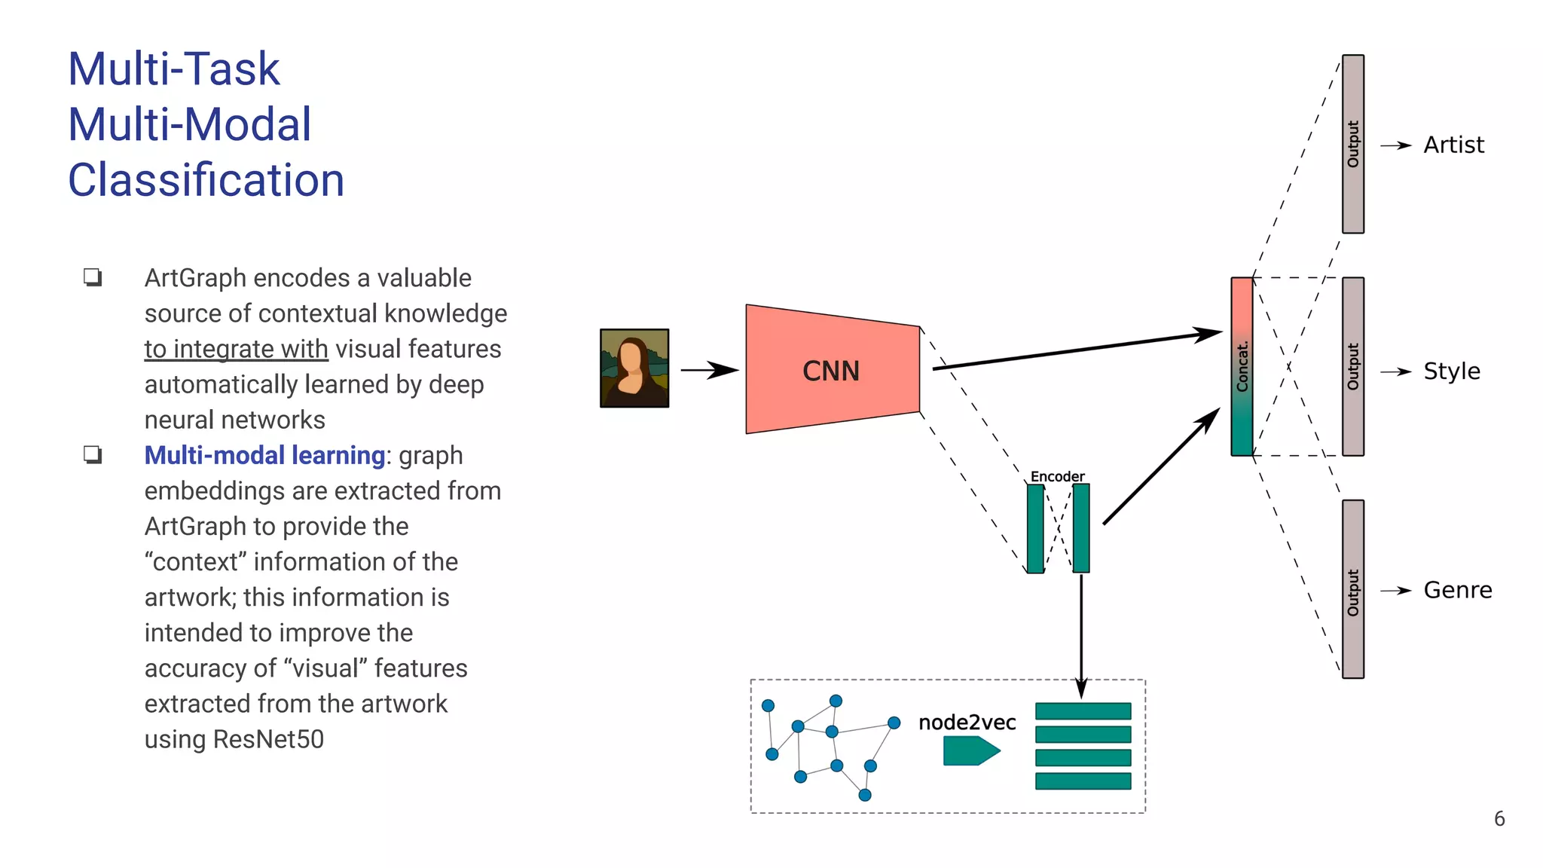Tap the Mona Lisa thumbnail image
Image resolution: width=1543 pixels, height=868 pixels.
[634, 368]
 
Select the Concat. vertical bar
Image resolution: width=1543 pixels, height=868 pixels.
[1242, 367]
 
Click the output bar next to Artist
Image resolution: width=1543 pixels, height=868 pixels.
[1353, 144]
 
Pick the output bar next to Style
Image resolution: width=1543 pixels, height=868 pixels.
[1353, 367]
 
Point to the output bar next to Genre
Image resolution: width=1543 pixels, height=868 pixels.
[1353, 589]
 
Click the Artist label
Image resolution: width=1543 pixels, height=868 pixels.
[1453, 145]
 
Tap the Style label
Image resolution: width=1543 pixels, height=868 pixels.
[1451, 371]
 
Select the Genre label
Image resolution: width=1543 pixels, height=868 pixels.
[1457, 590]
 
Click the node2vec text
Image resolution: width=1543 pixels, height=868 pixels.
[967, 723]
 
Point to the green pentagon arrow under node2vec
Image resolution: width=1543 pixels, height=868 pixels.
[970, 750]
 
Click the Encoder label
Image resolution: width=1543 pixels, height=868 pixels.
[1057, 476]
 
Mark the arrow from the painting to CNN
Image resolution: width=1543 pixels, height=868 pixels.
[708, 370]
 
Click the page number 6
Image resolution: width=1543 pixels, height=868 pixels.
[1499, 819]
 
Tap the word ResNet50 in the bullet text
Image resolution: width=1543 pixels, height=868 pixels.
[268, 739]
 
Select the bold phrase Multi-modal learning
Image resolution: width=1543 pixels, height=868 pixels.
[264, 455]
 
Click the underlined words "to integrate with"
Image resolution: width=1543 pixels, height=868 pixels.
[236, 349]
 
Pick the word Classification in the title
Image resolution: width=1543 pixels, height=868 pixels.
[206, 180]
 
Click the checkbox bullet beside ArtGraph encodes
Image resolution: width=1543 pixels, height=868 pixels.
[93, 277]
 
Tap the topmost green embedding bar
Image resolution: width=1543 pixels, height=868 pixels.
[1083, 711]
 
